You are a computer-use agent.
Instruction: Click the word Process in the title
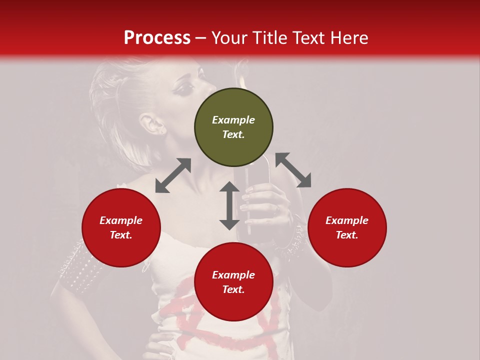click(x=157, y=38)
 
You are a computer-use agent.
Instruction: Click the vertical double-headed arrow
click(x=229, y=205)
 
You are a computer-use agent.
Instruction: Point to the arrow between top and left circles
click(x=173, y=175)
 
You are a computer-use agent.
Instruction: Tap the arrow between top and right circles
click(x=293, y=170)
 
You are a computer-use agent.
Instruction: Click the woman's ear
click(x=152, y=124)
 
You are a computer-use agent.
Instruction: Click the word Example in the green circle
click(x=233, y=120)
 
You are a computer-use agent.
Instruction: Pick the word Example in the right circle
click(x=347, y=220)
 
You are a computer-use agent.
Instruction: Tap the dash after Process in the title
click(x=201, y=38)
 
